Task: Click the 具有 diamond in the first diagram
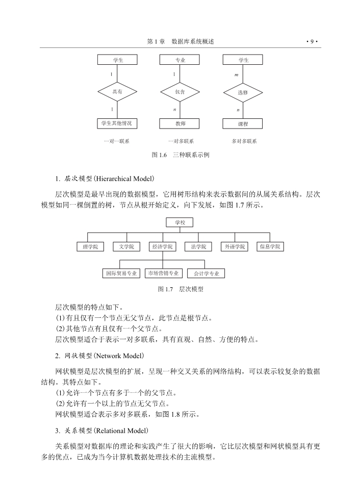point(117,92)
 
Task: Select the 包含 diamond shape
point(180,92)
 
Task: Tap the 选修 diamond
point(243,93)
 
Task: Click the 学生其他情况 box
point(117,123)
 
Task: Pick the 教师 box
point(179,123)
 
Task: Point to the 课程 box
point(243,123)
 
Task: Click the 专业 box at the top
point(179,60)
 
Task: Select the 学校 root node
point(179,222)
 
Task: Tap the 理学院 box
point(90,246)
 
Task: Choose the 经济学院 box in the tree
point(163,246)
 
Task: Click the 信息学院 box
point(270,246)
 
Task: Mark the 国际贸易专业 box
point(121,273)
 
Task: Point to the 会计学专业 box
point(206,273)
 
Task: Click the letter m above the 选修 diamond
point(237,75)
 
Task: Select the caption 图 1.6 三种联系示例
point(181,155)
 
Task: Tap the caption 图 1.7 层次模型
point(181,289)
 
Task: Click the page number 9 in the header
point(312,41)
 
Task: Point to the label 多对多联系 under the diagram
point(244,141)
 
